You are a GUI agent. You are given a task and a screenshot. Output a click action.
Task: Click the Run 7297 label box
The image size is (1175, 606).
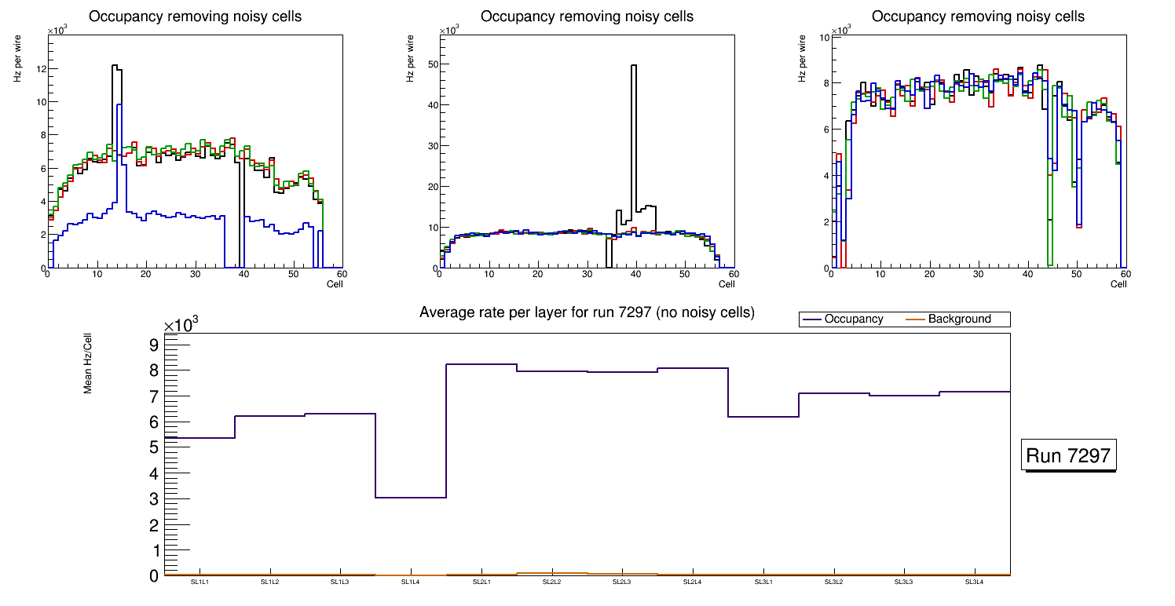[x=1070, y=455]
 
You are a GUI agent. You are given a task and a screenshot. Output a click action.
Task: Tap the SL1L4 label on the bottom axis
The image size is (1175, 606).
[x=411, y=582]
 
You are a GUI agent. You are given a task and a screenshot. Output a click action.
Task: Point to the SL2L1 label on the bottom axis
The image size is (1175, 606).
[x=481, y=582]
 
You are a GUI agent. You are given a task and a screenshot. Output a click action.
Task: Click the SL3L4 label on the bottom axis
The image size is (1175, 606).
[x=975, y=582]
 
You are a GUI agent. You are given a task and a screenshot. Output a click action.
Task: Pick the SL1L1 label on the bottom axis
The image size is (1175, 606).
[x=199, y=582]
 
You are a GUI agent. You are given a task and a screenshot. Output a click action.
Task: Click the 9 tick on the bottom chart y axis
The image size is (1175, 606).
[x=153, y=345]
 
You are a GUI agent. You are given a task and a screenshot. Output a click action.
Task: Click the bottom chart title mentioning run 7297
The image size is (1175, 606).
[x=587, y=312]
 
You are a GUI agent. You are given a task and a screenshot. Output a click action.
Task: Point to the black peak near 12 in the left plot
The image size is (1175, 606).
[x=115, y=66]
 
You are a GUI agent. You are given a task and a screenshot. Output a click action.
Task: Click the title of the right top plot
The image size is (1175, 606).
[x=978, y=16]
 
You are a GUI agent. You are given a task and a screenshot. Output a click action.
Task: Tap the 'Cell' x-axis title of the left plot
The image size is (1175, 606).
[x=334, y=284]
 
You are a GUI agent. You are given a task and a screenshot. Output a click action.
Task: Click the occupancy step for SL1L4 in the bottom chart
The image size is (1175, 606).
[x=411, y=498]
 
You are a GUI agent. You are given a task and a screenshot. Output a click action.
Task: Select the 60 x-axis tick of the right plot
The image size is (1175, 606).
[x=1125, y=275]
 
